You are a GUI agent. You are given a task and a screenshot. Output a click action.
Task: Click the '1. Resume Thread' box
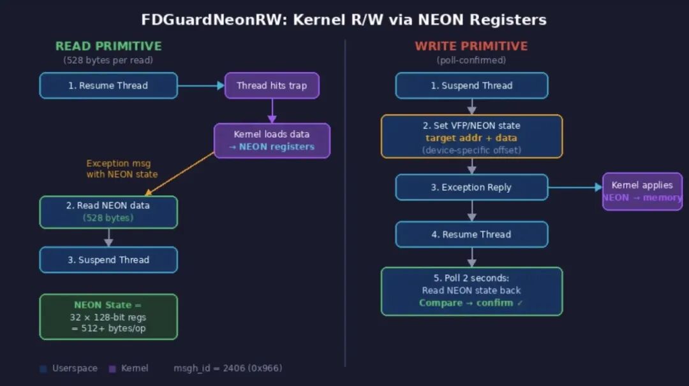(108, 85)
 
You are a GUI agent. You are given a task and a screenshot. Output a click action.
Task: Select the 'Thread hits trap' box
(272, 85)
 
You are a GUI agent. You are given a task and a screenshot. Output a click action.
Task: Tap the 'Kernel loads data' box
(272, 140)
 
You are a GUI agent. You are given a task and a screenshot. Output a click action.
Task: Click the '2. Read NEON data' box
(108, 211)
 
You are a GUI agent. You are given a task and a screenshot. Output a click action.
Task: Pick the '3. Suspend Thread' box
(108, 260)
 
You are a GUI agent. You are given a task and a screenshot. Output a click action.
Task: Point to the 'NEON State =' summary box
(108, 317)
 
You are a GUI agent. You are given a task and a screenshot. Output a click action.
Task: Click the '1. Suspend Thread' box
(471, 85)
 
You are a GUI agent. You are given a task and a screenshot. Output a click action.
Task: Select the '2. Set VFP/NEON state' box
(471, 136)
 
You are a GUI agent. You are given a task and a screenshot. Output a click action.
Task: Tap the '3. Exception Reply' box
(471, 187)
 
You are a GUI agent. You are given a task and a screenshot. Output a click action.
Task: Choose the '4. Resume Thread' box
(471, 234)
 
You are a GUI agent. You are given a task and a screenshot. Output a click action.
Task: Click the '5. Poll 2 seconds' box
(471, 291)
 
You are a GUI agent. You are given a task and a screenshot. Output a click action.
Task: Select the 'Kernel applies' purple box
(642, 191)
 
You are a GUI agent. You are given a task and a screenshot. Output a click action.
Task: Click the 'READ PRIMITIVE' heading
(108, 46)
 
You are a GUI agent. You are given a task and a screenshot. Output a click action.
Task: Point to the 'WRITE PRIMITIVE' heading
(471, 46)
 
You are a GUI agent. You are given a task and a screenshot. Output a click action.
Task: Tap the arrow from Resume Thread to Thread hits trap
(201, 85)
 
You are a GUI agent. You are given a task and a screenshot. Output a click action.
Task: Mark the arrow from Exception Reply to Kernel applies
(575, 187)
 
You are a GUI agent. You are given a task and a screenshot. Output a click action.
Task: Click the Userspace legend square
(43, 368)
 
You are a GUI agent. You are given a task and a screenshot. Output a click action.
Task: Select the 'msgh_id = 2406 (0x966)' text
(228, 368)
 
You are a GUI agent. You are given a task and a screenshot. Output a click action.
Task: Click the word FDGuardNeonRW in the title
(214, 20)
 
